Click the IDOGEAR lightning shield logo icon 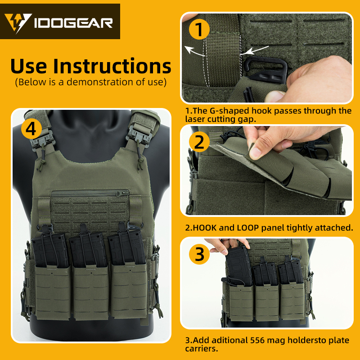coord(18,22)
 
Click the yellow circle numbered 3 coord(199,255)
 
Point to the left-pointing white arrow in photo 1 coord(193,50)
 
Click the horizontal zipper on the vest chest coord(90,192)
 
